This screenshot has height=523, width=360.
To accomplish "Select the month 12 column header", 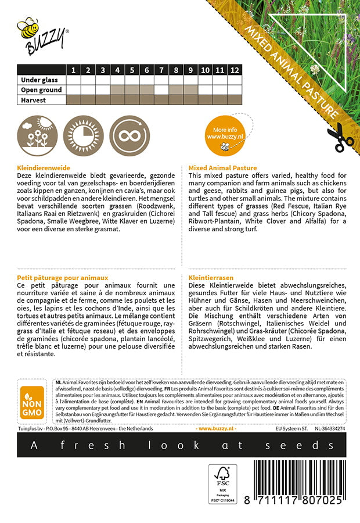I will (234, 70).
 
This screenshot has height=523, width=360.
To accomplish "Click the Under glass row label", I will (39, 80).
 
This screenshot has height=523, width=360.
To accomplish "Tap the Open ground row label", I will (41, 90).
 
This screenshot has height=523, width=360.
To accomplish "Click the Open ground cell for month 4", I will (117, 90).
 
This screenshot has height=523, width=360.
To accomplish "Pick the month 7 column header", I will (161, 70).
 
